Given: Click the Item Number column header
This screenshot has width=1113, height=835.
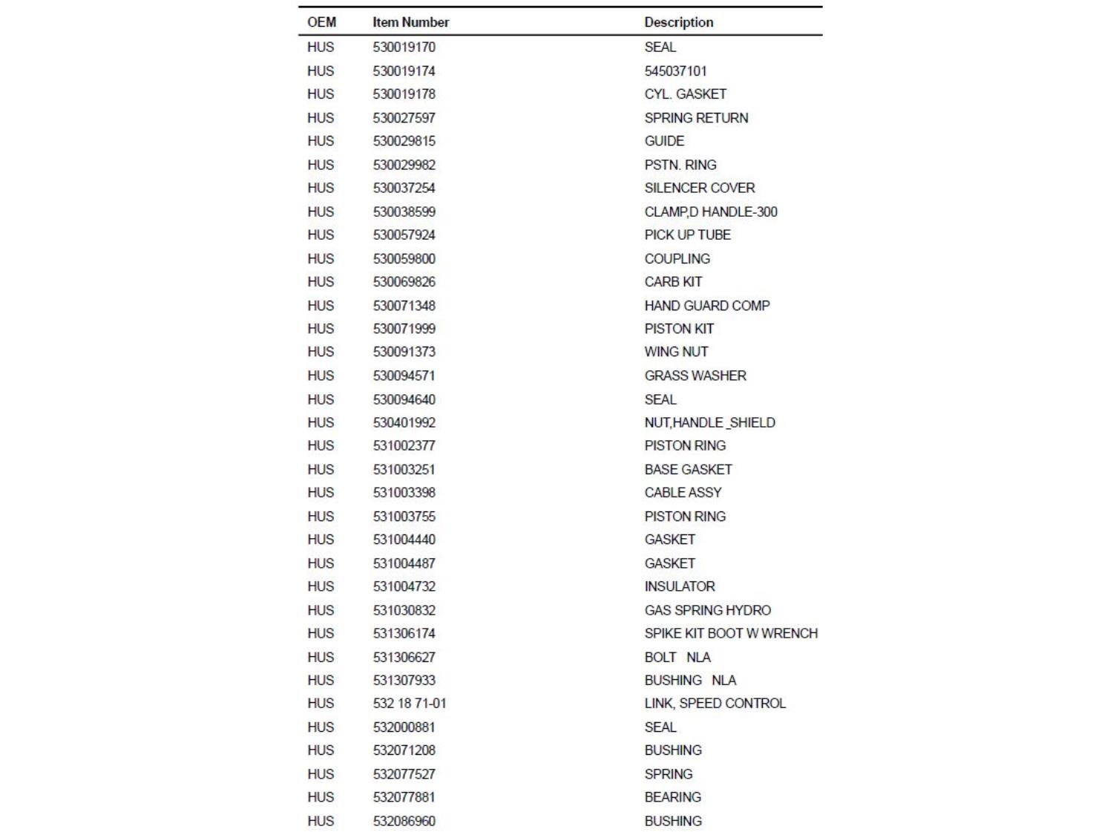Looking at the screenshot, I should pos(410,22).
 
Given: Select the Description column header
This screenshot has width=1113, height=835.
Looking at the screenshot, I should pos(678,22).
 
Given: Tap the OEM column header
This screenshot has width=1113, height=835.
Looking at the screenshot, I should pos(321,22).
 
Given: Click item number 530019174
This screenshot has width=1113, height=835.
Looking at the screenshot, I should pos(404,71).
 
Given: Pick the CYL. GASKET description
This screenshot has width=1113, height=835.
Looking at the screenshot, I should pos(685,94).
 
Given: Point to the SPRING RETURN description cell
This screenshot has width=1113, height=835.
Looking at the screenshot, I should pos(696,118).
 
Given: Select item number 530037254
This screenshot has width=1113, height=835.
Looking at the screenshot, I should pos(404,188).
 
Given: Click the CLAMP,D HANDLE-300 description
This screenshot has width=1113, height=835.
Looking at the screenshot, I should pos(710,212).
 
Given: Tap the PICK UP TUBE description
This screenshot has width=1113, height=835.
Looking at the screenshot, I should pos(687,235).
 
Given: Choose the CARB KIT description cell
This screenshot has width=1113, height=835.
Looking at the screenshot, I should pos(673,282).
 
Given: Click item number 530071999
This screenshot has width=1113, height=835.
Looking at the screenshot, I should pos(404,328).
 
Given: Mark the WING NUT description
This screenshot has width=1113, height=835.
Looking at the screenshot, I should pos(676,352).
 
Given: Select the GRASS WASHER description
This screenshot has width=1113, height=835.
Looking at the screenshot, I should pos(695,376).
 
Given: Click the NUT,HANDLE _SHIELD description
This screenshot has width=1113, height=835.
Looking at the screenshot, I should pos(709,422).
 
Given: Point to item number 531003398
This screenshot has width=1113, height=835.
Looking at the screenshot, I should pos(404,492).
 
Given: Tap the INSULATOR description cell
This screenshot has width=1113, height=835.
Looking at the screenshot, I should pos(680,586).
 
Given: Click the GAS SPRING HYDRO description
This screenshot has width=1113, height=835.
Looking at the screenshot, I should pos(707,610).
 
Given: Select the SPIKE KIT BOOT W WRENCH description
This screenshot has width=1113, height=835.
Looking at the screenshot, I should pos(731,633).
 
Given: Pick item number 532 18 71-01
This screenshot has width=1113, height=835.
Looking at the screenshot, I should pos(410,703).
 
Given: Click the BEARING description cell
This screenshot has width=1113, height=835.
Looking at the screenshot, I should pos(672,797).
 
